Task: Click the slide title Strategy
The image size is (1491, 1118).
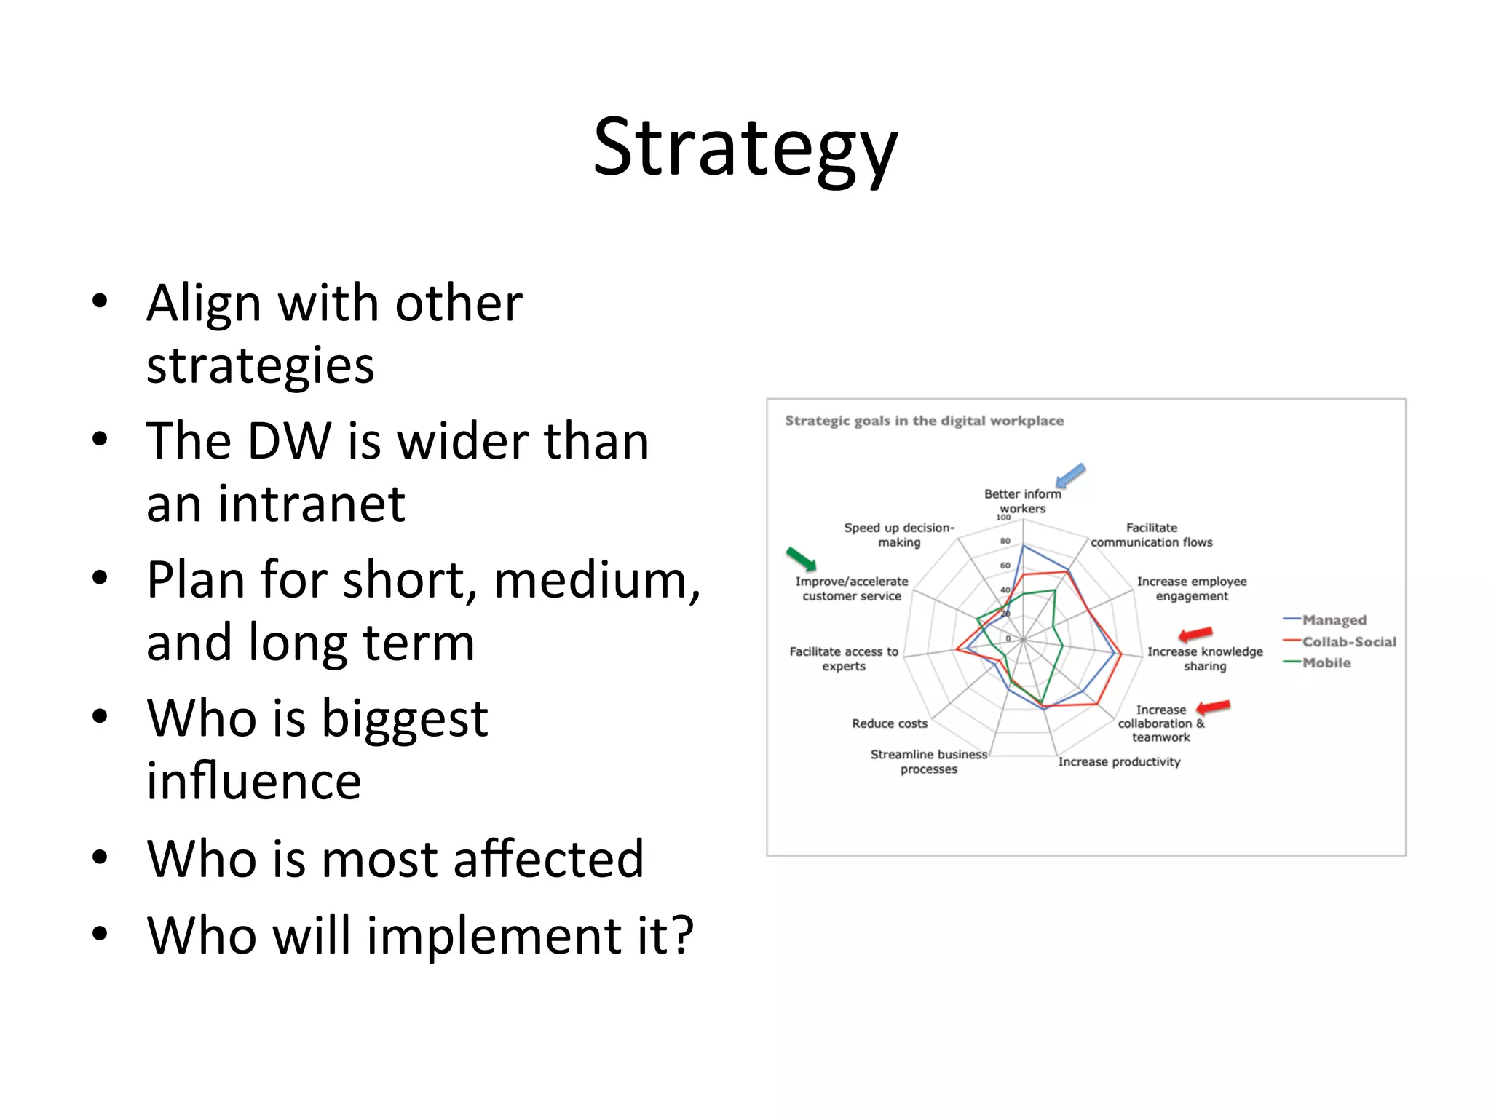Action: click(x=745, y=148)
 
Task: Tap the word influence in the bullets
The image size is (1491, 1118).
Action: click(x=253, y=781)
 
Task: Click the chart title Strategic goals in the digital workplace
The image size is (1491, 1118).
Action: click(x=924, y=421)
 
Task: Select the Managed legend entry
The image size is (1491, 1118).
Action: click(x=1333, y=620)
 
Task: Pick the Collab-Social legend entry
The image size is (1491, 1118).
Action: click(x=1348, y=642)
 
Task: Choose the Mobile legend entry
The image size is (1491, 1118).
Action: click(x=1326, y=663)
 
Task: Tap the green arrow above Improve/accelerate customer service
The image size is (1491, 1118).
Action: click(x=801, y=559)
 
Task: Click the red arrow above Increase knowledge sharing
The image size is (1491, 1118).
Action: click(x=1195, y=634)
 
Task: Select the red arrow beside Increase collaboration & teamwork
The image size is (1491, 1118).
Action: click(x=1213, y=707)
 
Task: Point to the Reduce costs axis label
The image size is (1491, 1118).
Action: click(x=890, y=723)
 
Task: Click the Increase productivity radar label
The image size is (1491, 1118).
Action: click(x=1119, y=762)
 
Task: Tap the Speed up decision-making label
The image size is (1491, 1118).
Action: click(x=899, y=535)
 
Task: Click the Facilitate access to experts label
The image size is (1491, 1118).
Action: click(x=844, y=659)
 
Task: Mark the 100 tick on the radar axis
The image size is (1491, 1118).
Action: click(x=1003, y=518)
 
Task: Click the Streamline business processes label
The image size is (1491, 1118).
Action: click(x=929, y=761)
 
